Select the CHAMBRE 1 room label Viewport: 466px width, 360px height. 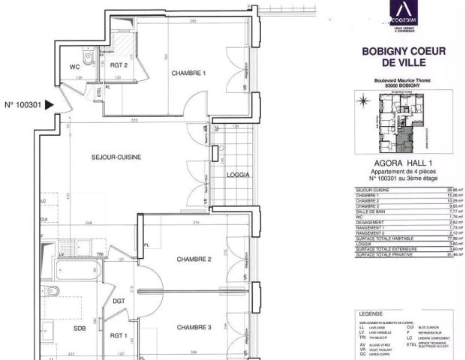188,73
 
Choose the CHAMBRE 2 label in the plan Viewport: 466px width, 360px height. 194,259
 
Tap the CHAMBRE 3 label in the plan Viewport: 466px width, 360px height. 194,327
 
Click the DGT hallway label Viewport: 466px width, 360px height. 119,301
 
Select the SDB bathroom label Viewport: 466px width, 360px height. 59,328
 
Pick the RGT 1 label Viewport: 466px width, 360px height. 119,337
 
